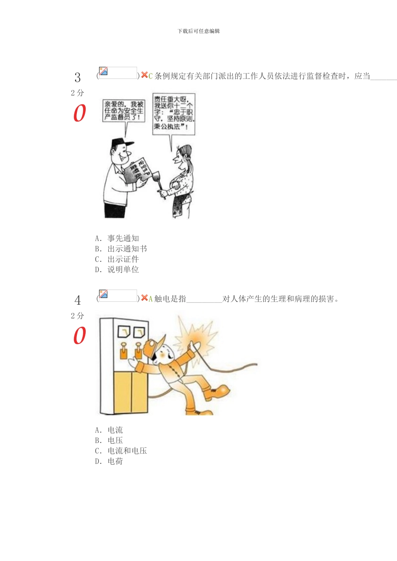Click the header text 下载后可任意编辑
pyautogui.click(x=198, y=31)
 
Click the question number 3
pyautogui.click(x=77, y=77)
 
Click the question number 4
pyautogui.click(x=77, y=300)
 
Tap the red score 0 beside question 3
pyautogui.click(x=79, y=113)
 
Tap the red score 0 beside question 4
pyautogui.click(x=79, y=336)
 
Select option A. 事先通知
pyautogui.click(x=117, y=238)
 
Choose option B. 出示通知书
pyautogui.click(x=121, y=249)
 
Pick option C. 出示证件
pyautogui.click(x=117, y=259)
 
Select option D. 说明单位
pyautogui.click(x=117, y=270)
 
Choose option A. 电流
pyautogui.click(x=109, y=430)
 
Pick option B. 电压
pyautogui.click(x=109, y=440)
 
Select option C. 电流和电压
pyautogui.click(x=121, y=451)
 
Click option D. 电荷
pyautogui.click(x=109, y=461)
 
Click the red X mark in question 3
pyautogui.click(x=144, y=75)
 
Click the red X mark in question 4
pyautogui.click(x=144, y=298)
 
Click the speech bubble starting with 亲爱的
pyautogui.click(x=124, y=111)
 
